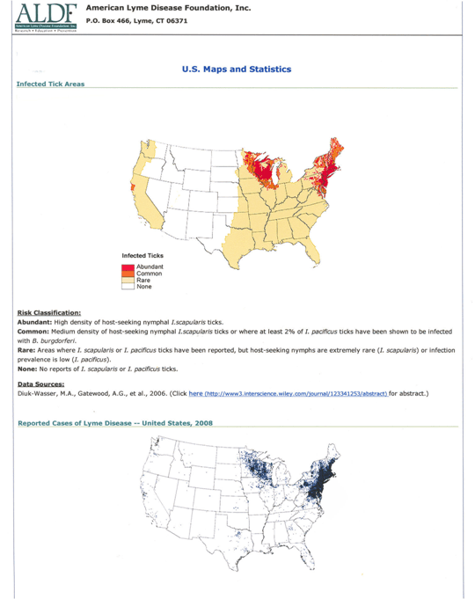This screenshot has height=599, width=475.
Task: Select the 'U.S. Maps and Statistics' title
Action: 237,69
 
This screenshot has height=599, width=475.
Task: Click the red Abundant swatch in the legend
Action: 128,266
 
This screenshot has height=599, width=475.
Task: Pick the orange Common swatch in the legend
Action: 128,273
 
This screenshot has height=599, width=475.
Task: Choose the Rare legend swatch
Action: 128,280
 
